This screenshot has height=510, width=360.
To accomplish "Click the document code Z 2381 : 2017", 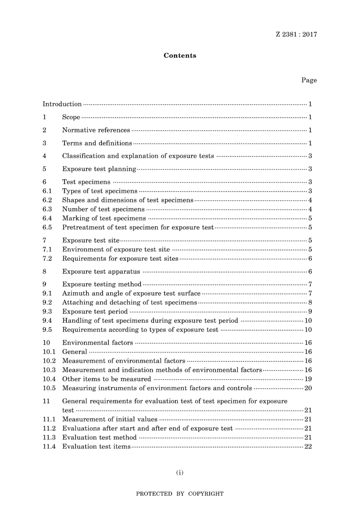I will (x=296, y=34).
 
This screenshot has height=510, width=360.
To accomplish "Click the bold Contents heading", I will (x=180, y=55).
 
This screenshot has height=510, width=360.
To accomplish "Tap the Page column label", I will (x=309, y=80).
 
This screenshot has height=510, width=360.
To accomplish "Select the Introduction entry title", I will (x=62, y=104).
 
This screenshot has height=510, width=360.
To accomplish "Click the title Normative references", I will (x=96, y=130).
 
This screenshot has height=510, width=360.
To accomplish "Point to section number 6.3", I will (x=47, y=209).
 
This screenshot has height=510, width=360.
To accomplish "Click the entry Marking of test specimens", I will (x=104, y=218).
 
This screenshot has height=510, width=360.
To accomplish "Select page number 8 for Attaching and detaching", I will (x=310, y=302).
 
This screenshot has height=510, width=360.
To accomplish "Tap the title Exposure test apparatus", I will (x=101, y=271).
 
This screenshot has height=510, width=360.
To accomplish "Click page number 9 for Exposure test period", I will (x=310, y=311).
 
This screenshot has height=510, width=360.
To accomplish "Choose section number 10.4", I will (x=49, y=379).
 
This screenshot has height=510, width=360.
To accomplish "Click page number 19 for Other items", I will (x=308, y=379).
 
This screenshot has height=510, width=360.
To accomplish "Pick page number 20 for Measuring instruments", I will (x=308, y=388).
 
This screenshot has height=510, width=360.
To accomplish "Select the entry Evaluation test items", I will (x=96, y=446).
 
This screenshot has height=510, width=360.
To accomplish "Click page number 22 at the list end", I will (x=308, y=446).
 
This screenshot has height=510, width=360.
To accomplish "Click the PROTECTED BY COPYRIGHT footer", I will (x=180, y=494).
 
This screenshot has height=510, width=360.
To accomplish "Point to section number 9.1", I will (x=47, y=293).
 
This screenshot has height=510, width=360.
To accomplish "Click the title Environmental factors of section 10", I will (x=97, y=342).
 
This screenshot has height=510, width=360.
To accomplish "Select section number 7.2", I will (x=47, y=258).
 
